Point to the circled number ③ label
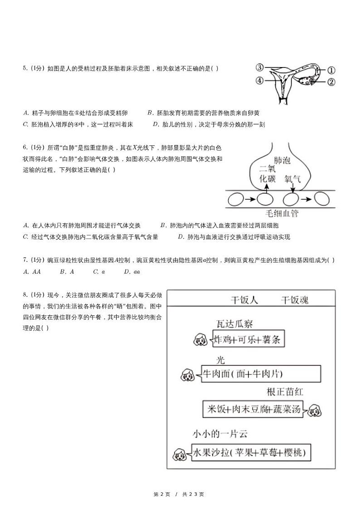[x=259, y=68]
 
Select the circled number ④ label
[x=259, y=81]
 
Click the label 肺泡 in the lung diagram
[x=282, y=160]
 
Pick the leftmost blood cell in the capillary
[x=236, y=199]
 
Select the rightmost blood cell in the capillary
[x=322, y=199]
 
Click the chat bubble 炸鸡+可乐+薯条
[x=248, y=339]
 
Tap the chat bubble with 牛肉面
[x=260, y=374]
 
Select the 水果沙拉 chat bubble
[x=251, y=452]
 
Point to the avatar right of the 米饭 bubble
[x=314, y=410]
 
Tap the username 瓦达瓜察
[x=234, y=324]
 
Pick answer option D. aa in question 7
[x=132, y=272]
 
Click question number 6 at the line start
[x=26, y=147]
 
